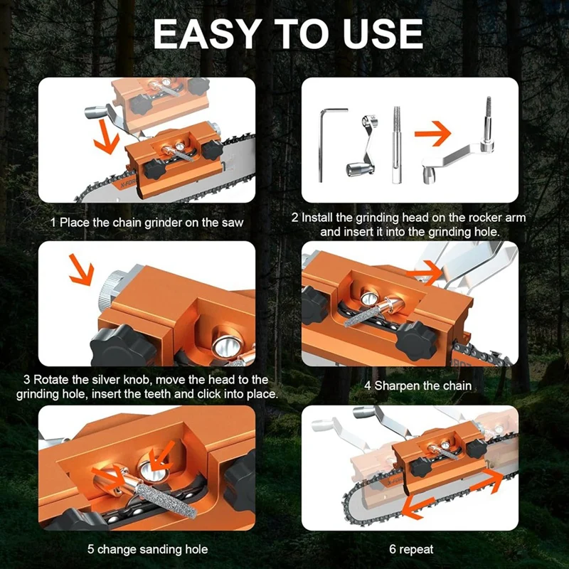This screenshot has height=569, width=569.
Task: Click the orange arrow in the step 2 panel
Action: pyautogui.click(x=432, y=133)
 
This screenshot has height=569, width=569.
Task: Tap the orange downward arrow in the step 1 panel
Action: pyautogui.click(x=106, y=137)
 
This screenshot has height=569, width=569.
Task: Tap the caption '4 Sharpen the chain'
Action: pyautogui.click(x=418, y=385)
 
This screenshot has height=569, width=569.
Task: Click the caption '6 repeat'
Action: pyautogui.click(x=411, y=549)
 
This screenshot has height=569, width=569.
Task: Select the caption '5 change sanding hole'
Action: pyautogui.click(x=148, y=549)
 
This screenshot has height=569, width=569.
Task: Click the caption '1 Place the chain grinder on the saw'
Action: pyautogui.click(x=147, y=222)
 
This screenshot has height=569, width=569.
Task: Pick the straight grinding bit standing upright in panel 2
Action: pyautogui.click(x=396, y=145)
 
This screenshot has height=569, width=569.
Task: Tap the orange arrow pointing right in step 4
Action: pyautogui.click(x=425, y=272)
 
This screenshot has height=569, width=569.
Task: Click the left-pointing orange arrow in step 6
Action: pyautogui.click(x=418, y=506)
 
